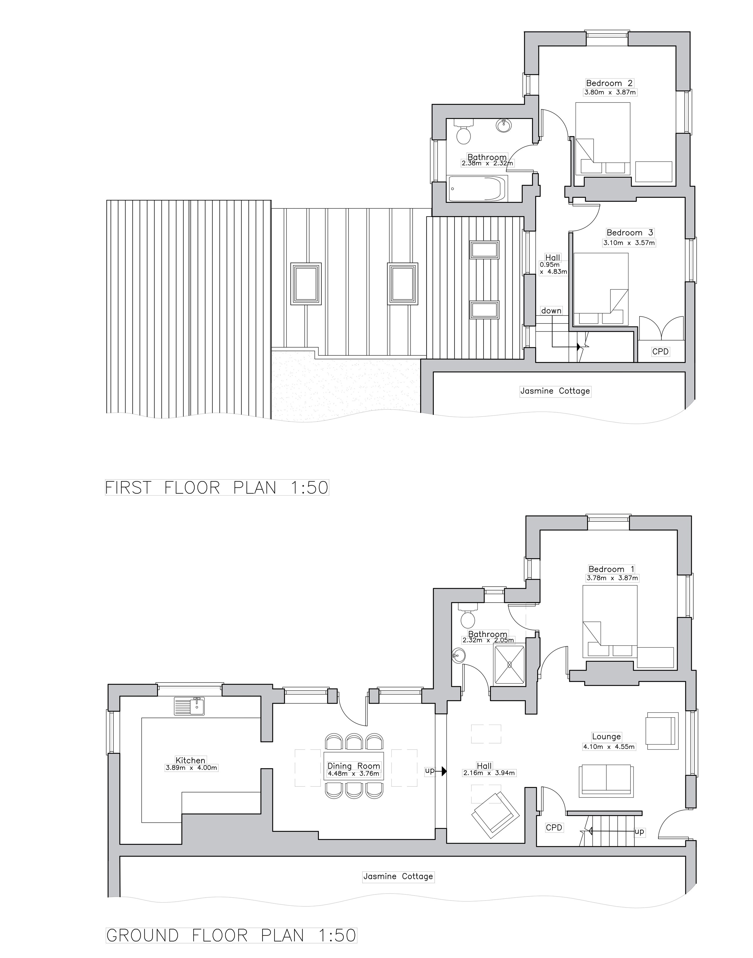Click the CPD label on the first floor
tap(660, 352)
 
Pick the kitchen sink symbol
tap(190, 706)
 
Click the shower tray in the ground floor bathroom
tap(510, 665)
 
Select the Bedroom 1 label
tap(612, 569)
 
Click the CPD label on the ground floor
tap(554, 828)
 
